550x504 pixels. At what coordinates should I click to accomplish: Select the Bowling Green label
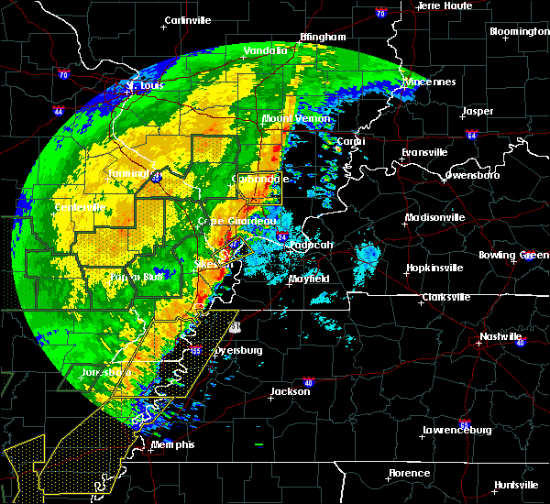point(518,253)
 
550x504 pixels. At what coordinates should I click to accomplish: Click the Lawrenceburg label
point(456,430)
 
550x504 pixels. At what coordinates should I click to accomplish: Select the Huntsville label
point(514,485)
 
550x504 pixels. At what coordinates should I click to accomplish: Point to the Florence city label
point(408,473)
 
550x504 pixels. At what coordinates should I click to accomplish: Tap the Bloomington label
point(519,31)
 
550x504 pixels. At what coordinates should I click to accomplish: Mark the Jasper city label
point(478,111)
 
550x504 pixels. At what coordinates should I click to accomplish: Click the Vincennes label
point(428,82)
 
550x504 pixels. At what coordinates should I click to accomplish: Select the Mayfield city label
point(310,278)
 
